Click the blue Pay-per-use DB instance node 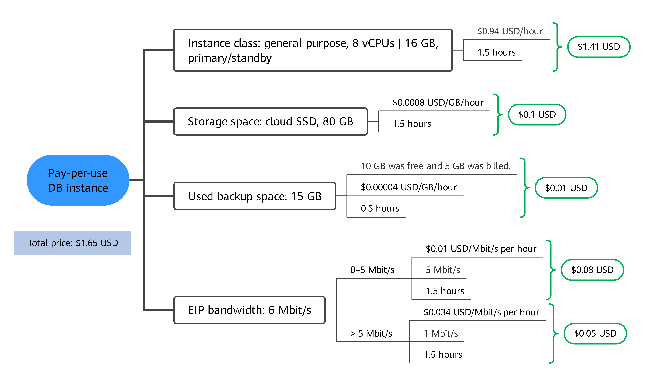tap(78, 180)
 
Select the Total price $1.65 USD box tap(73, 243)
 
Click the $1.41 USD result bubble tap(599, 47)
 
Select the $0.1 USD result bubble tap(537, 114)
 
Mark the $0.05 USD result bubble tap(595, 333)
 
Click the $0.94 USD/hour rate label tap(510, 31)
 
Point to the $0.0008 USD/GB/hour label tap(438, 102)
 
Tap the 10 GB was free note tap(436, 166)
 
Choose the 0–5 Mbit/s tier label tap(372, 270)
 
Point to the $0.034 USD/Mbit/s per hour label tap(481, 312)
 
